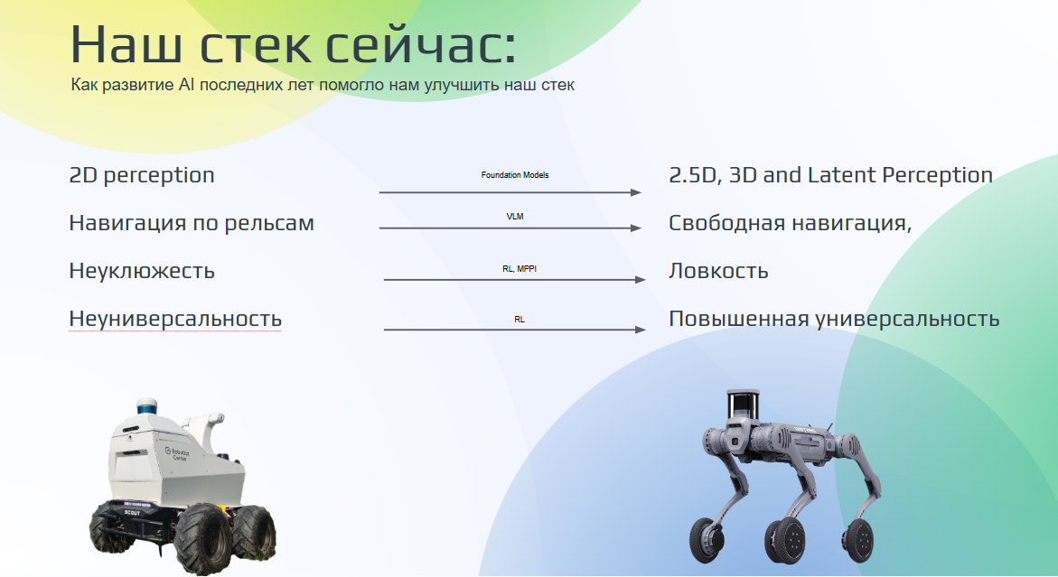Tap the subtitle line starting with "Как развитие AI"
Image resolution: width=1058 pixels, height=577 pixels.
pyautogui.click(x=323, y=86)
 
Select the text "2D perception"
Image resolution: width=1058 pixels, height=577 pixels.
pyautogui.click(x=142, y=175)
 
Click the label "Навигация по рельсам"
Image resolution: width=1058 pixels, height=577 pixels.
pyautogui.click(x=192, y=223)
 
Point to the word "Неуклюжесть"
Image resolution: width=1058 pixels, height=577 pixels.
pyautogui.click(x=142, y=271)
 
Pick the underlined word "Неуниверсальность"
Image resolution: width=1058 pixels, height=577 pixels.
pyautogui.click(x=175, y=319)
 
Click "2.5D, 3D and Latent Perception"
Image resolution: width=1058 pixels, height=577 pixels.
pyautogui.click(x=830, y=175)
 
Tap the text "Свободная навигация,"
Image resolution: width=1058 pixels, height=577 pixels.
pyautogui.click(x=790, y=223)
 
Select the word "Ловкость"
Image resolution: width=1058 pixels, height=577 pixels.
pyautogui.click(x=718, y=271)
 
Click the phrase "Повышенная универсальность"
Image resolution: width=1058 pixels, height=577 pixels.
pyautogui.click(x=834, y=319)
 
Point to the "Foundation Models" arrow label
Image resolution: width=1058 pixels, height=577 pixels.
pyautogui.click(x=515, y=174)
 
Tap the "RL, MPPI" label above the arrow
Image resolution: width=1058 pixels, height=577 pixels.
pyautogui.click(x=520, y=268)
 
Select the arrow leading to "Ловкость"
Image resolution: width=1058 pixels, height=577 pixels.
pyautogui.click(x=514, y=280)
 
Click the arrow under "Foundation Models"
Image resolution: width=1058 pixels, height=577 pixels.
pyautogui.click(x=510, y=192)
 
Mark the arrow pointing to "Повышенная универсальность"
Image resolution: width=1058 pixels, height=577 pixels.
pyautogui.click(x=514, y=330)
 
